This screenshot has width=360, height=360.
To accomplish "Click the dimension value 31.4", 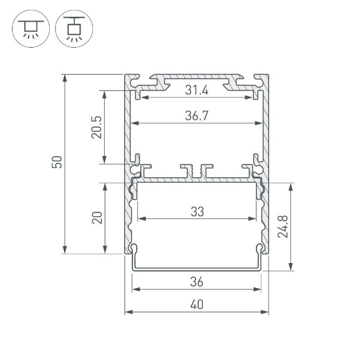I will (197, 90).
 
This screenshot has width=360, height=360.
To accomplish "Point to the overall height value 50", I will (57, 163).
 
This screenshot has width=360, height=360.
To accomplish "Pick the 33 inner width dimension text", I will (197, 211).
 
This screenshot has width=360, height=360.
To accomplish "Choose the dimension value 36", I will (197, 282).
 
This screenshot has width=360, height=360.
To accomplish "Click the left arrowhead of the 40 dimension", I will (128, 312).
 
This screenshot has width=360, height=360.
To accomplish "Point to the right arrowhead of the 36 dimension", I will (258, 289).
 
